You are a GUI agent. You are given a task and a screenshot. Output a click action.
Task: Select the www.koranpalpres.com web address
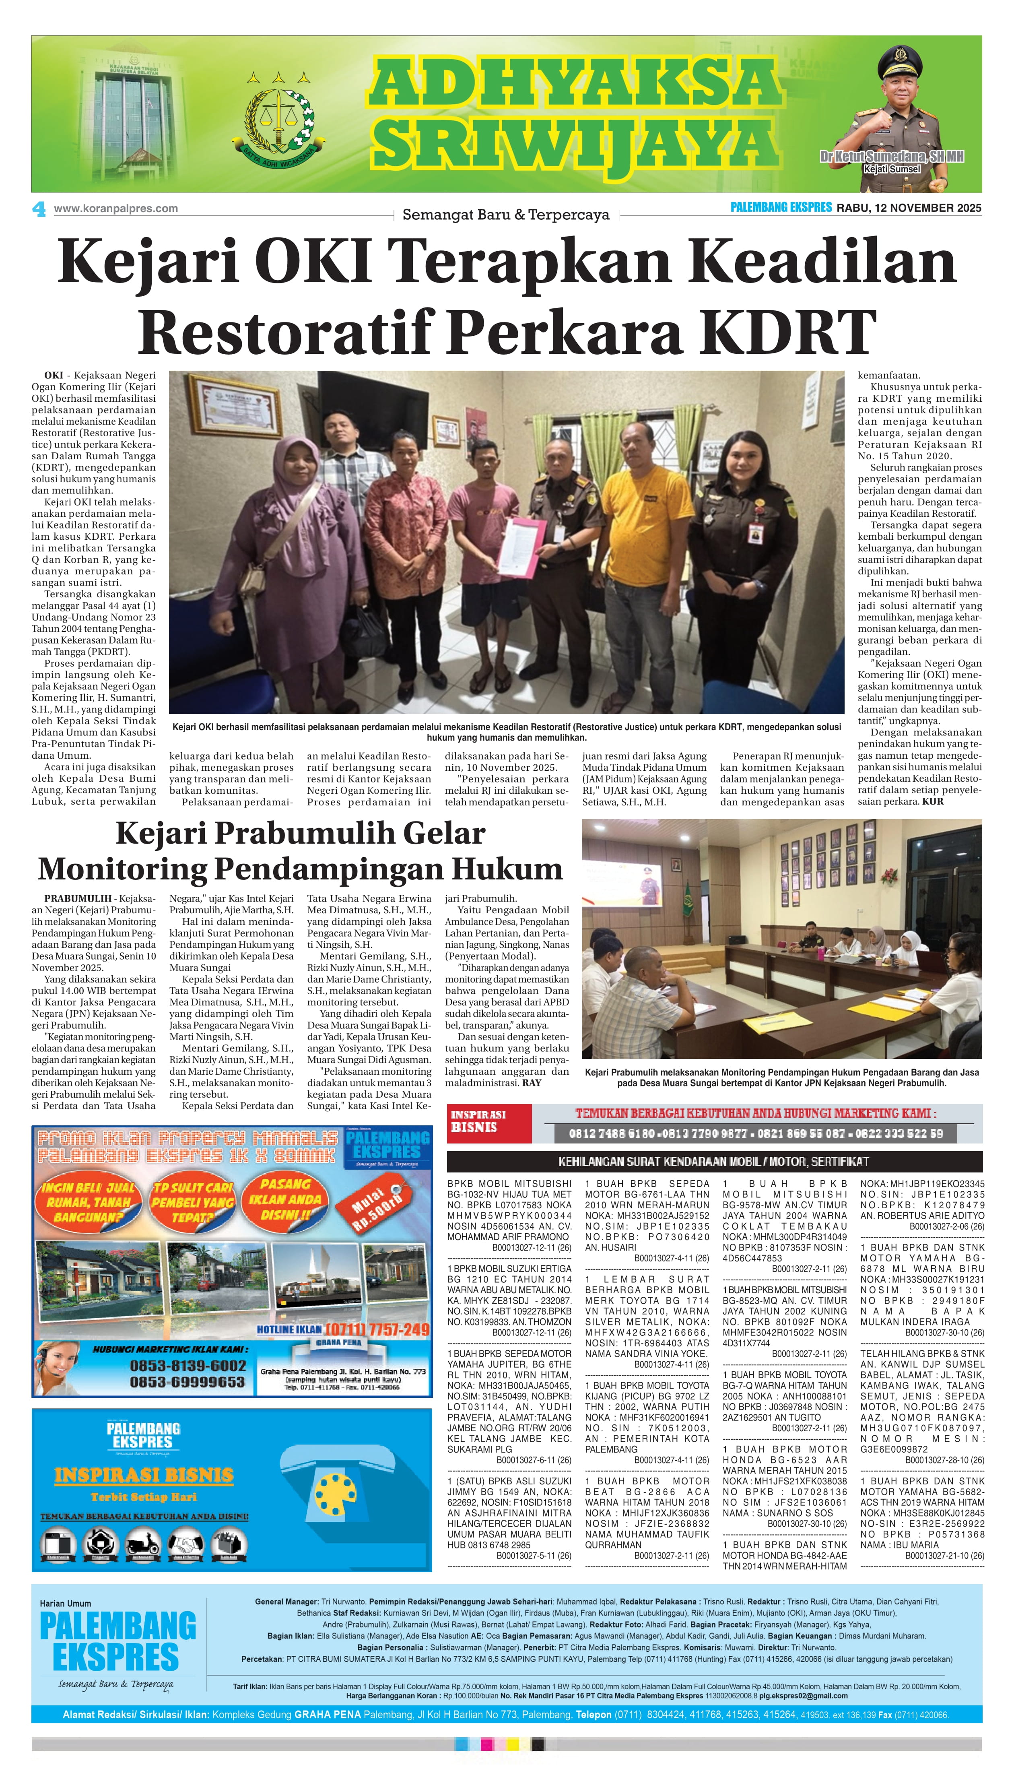click(115, 208)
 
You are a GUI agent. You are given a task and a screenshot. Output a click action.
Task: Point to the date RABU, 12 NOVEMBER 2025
click(909, 208)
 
